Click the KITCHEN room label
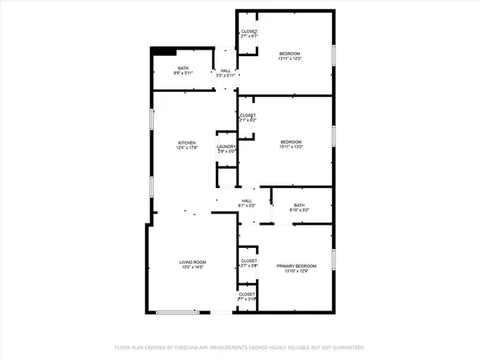(x=186, y=143)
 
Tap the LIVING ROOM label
(x=193, y=262)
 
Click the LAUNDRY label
(x=226, y=146)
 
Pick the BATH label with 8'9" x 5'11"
(x=183, y=68)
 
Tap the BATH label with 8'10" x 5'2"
(x=299, y=206)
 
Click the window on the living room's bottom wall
(x=178, y=312)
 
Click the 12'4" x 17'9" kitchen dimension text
(x=186, y=148)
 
